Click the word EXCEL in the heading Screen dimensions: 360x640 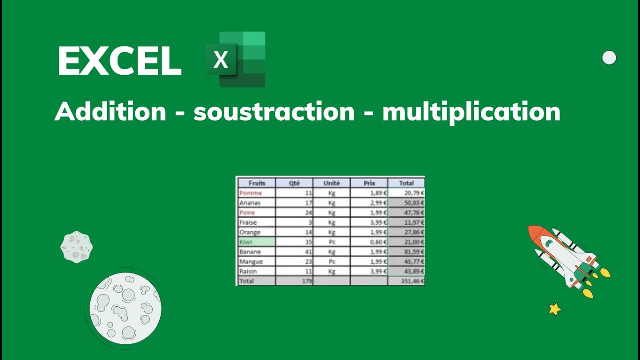click(119, 61)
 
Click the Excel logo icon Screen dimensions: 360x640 click(236, 59)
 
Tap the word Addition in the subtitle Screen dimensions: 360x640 click(110, 111)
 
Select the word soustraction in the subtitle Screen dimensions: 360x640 click(274, 111)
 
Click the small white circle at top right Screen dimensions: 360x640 click(609, 58)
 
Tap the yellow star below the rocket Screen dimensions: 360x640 click(554, 309)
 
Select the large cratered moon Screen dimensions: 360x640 click(125, 308)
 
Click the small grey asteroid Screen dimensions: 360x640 click(76, 247)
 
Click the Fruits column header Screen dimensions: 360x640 click(257, 183)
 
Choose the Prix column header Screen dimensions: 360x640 click(369, 183)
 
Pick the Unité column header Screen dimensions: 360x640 click(332, 183)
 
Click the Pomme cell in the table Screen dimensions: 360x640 click(251, 193)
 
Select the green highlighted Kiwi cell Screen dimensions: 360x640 click(256, 242)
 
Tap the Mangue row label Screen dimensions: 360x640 click(251, 261)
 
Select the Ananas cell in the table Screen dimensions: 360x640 click(251, 203)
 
